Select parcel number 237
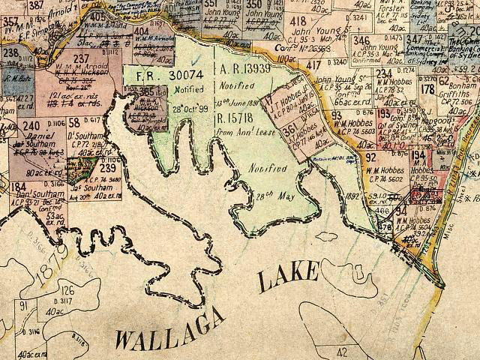(x=82, y=58)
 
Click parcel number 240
(x=31, y=125)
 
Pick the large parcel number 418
(x=298, y=21)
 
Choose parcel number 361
(x=289, y=131)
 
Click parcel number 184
(x=19, y=187)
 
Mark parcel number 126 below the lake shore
(x=67, y=291)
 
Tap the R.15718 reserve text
(x=238, y=118)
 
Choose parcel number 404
(x=141, y=31)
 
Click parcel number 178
(x=428, y=88)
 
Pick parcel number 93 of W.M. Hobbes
(x=337, y=116)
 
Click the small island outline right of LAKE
(x=328, y=239)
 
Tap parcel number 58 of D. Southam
(x=74, y=122)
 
